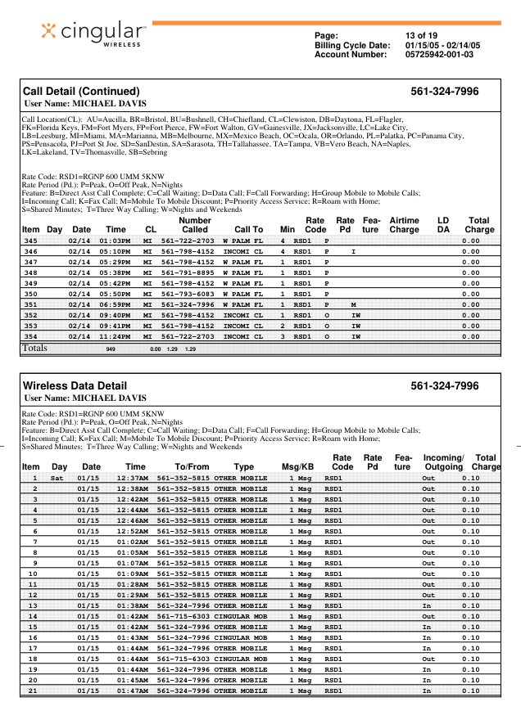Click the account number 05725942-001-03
click(x=439, y=55)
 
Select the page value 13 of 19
click(x=422, y=35)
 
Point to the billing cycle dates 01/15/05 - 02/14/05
click(x=442, y=45)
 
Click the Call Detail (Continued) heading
click(x=81, y=91)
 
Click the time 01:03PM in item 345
click(x=116, y=241)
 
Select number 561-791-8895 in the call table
click(x=187, y=272)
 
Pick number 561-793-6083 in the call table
click(x=187, y=294)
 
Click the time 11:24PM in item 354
click(x=116, y=336)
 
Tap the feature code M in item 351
click(x=352, y=304)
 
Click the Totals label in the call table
click(x=34, y=349)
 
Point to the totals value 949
click(x=112, y=349)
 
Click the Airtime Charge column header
click(x=404, y=225)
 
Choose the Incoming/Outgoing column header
click(x=443, y=462)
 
